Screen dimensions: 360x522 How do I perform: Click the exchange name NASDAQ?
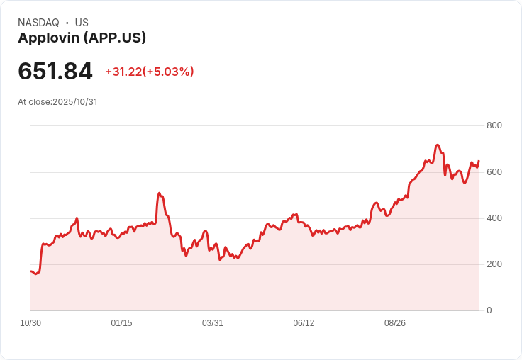click(x=38, y=23)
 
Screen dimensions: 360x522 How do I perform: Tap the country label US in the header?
click(x=82, y=23)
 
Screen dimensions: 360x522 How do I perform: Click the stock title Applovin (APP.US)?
click(x=82, y=38)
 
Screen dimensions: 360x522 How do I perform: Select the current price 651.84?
click(x=55, y=72)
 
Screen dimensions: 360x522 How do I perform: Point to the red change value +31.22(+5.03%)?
click(x=150, y=72)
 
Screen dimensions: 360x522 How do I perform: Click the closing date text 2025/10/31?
click(x=74, y=102)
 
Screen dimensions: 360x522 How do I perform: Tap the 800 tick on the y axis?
click(x=494, y=125)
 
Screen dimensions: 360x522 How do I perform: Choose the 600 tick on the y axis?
click(x=494, y=172)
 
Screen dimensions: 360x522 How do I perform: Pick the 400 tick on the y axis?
click(x=494, y=218)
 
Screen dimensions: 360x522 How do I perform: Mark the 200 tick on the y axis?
click(x=494, y=264)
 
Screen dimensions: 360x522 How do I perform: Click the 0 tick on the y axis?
click(x=489, y=310)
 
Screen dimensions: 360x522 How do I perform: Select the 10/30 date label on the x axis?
click(x=30, y=323)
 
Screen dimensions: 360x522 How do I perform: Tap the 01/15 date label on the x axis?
click(x=121, y=323)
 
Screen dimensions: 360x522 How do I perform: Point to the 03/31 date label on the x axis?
click(x=213, y=323)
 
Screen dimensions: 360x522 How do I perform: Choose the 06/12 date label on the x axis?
click(x=304, y=323)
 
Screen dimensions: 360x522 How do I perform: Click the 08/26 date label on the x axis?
click(x=395, y=323)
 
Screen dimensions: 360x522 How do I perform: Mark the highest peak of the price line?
click(x=438, y=145)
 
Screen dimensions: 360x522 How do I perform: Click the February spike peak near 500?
click(x=160, y=193)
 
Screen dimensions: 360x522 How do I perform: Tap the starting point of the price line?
click(x=31, y=271)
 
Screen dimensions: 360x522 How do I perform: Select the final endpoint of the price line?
click(x=479, y=161)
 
